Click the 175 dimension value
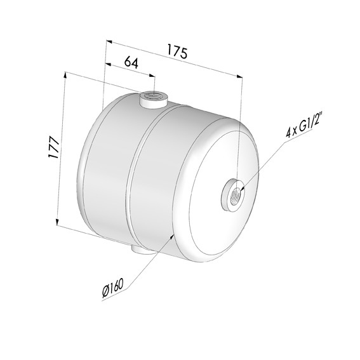click(177, 51)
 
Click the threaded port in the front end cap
click(234, 191)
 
